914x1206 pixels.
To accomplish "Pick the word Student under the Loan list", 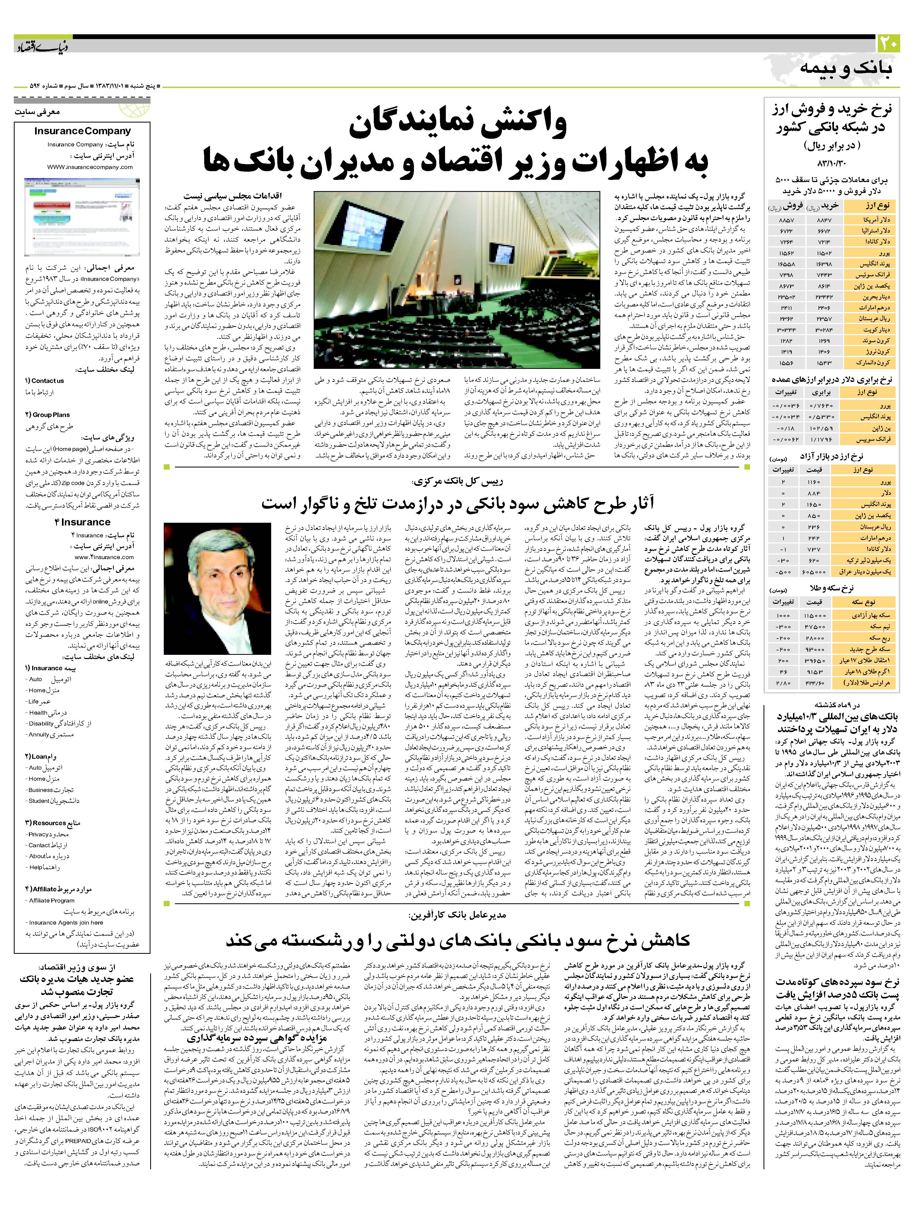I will coord(39,801).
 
